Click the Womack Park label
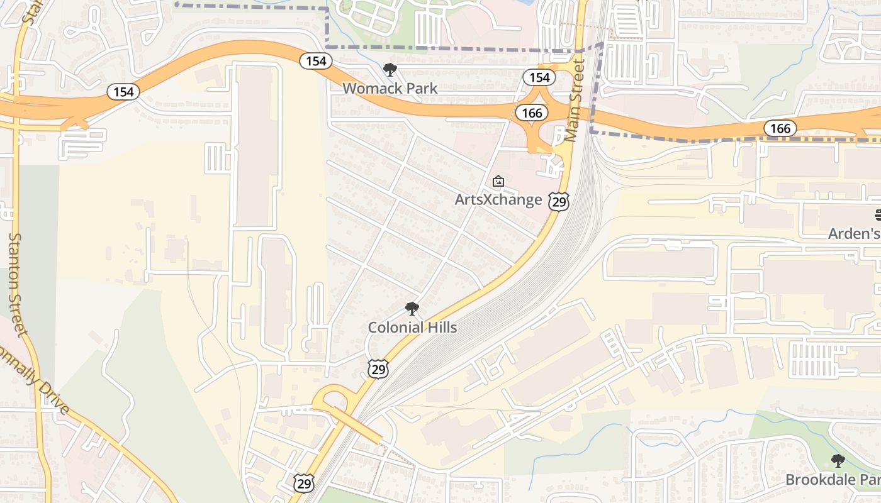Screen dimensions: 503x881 tap(390, 88)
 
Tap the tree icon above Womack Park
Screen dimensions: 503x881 tap(390, 70)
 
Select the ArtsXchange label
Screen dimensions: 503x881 tap(498, 200)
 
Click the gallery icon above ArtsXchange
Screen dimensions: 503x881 tap(498, 182)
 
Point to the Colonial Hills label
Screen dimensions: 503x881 tap(412, 327)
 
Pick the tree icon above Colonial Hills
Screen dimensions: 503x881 tap(412, 309)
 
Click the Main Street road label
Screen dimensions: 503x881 tap(575, 101)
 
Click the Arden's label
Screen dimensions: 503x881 tap(854, 233)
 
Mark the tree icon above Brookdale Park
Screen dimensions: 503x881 tap(838, 461)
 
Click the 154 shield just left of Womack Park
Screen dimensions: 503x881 tap(316, 60)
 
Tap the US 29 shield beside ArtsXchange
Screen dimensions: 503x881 tap(559, 201)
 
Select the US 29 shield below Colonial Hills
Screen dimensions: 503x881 tap(378, 369)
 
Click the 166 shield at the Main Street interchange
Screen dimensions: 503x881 tap(532, 113)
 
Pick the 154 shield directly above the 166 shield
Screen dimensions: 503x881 tap(539, 77)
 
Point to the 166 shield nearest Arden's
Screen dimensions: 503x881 tap(780, 128)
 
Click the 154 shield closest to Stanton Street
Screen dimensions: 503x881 tap(123, 92)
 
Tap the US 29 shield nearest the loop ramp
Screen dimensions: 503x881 tap(304, 483)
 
